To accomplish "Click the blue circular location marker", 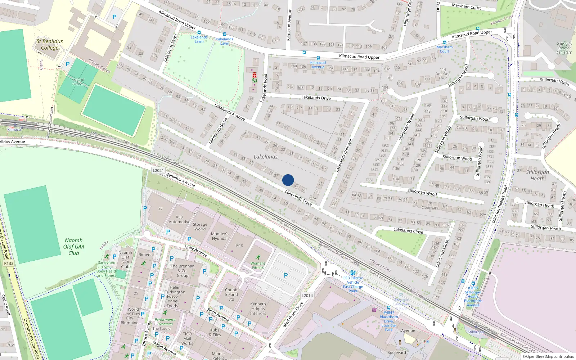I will pyautogui.click(x=288, y=180).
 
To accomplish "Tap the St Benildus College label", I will pyautogui.click(x=50, y=45).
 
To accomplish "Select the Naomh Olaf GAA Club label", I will pyautogui.click(x=74, y=247).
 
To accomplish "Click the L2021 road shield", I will pyautogui.click(x=158, y=171).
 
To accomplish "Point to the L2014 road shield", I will pyautogui.click(x=307, y=296).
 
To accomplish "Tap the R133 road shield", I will pyautogui.click(x=9, y=264).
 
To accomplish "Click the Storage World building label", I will pyautogui.click(x=200, y=226).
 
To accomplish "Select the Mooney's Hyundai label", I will pyautogui.click(x=220, y=236).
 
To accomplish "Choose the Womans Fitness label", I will pyautogui.click(x=258, y=265).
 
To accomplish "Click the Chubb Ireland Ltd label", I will pyautogui.click(x=231, y=294).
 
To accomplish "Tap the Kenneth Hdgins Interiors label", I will pyautogui.click(x=258, y=309).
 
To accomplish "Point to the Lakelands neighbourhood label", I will pyautogui.click(x=265, y=157).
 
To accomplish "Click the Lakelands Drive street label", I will pyautogui.click(x=316, y=98).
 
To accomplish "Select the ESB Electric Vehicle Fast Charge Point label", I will pyautogui.click(x=353, y=284).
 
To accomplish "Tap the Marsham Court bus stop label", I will pyautogui.click(x=445, y=49).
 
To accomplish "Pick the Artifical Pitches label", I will pyautogui.click(x=78, y=82).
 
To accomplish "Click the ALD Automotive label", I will pyautogui.click(x=179, y=219).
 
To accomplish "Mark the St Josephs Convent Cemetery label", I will pyautogui.click(x=564, y=48).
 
